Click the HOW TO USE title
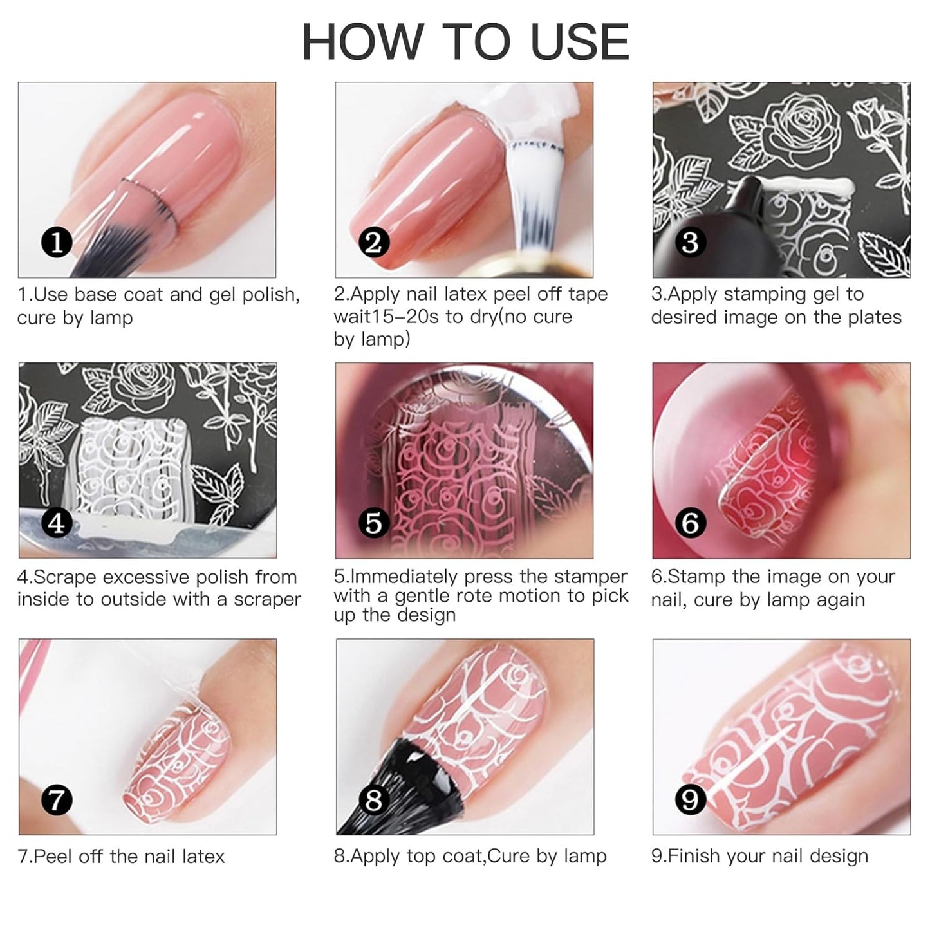pyautogui.click(x=465, y=42)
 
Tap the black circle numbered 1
pyautogui.click(x=57, y=243)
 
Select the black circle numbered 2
pyautogui.click(x=373, y=243)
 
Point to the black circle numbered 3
pyautogui.click(x=690, y=243)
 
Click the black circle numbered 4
pyautogui.click(x=57, y=523)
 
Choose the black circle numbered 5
pyautogui.click(x=373, y=523)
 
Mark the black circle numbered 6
pyautogui.click(x=690, y=523)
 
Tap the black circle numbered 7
pyautogui.click(x=57, y=800)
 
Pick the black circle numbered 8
pyautogui.click(x=373, y=800)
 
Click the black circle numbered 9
pyautogui.click(x=690, y=800)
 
